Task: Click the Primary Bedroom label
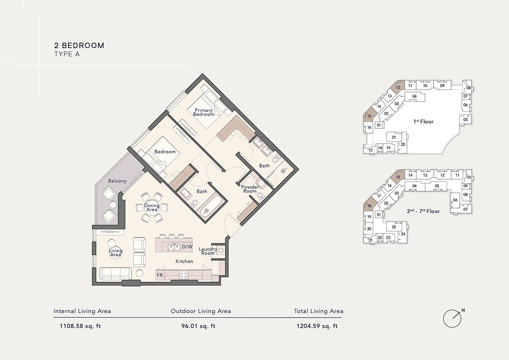[204, 112]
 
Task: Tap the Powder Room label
[250, 189]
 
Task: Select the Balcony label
[117, 181]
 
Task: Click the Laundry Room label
[208, 251]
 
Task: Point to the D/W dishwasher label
[187, 247]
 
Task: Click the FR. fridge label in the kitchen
[160, 275]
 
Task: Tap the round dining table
[152, 207]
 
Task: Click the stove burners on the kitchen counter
[184, 275]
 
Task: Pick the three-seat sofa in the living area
[116, 274]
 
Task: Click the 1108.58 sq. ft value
[80, 326]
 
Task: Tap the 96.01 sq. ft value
[198, 326]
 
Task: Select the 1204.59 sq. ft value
[317, 326]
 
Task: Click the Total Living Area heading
[318, 311]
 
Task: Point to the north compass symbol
[452, 318]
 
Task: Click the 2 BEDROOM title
[79, 46]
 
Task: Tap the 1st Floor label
[423, 122]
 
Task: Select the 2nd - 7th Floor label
[423, 211]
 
